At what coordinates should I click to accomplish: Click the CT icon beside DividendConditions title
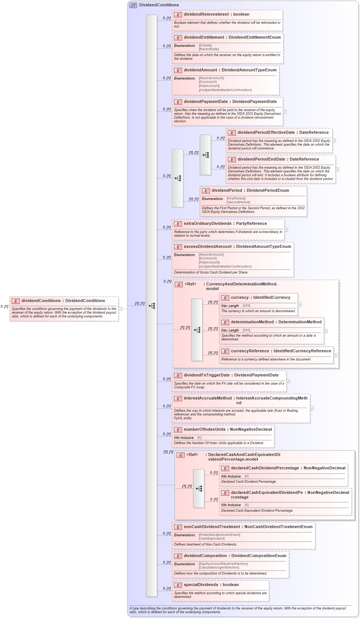pos(133,5)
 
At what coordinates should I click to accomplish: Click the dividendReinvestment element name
pos(206,14)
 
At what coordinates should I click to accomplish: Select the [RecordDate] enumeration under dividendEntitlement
pos(208,49)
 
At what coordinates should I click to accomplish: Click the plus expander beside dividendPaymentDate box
pos(285,111)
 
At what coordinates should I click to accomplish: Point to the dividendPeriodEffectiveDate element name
pos(266,133)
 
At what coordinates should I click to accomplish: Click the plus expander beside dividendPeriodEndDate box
pos(337,169)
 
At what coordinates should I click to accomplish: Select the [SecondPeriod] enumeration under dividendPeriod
pos(238,203)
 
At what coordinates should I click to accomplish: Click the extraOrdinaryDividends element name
pos(207,224)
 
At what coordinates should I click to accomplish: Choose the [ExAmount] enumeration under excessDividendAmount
pos(207,258)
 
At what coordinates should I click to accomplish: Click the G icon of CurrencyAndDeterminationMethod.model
pos(179,285)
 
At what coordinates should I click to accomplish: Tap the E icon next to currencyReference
pos(225,352)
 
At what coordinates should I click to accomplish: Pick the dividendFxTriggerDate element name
pos(207,375)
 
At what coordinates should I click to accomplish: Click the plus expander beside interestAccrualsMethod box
pos(312,408)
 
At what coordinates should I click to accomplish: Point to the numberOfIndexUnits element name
pos(204,430)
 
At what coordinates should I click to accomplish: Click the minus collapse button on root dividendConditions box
pos(120,309)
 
